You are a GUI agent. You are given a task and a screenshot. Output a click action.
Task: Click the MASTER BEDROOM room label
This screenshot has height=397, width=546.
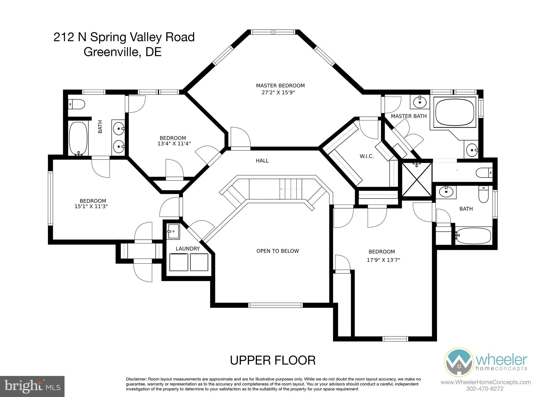[280, 86]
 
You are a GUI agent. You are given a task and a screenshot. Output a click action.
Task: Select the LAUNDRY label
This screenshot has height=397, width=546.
[188, 249]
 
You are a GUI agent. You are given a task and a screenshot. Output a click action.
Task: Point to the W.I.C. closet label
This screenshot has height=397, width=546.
[367, 156]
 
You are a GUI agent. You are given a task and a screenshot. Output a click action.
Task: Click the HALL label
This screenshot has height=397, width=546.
[262, 161]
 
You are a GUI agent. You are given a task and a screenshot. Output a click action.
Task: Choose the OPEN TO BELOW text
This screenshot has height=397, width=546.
[278, 251]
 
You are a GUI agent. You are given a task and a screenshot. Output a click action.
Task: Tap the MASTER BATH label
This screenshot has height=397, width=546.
[409, 116]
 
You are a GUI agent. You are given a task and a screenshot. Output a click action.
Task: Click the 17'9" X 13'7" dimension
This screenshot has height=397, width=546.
[383, 260]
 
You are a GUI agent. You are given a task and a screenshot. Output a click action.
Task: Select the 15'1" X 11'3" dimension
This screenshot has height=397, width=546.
[91, 206]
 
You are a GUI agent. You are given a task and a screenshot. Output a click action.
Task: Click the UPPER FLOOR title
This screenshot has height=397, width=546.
[273, 360]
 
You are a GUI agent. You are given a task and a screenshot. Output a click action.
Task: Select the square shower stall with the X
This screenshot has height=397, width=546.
[416, 179]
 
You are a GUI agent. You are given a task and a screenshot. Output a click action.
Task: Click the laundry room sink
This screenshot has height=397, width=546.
[173, 231]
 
